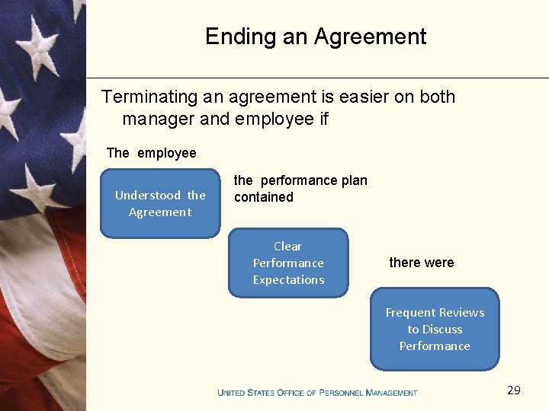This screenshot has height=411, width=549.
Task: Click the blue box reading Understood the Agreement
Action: tap(160, 204)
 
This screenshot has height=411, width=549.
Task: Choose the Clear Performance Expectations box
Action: tap(288, 263)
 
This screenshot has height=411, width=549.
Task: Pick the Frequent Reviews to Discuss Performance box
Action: tap(435, 329)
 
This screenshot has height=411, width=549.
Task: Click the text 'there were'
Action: tap(421, 263)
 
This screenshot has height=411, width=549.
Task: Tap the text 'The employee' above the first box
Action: tap(151, 153)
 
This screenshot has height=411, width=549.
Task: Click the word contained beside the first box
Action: tap(263, 197)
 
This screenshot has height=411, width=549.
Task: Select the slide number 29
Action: tap(514, 390)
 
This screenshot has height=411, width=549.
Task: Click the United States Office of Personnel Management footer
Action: tap(317, 393)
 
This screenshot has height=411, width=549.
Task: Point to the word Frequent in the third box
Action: tap(411, 313)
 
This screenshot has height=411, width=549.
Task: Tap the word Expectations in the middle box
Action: tap(288, 280)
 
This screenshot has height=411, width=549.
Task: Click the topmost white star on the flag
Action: tap(33, 38)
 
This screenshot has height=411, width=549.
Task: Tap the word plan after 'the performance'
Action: tap(354, 180)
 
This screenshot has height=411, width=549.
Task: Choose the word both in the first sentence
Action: tap(438, 97)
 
